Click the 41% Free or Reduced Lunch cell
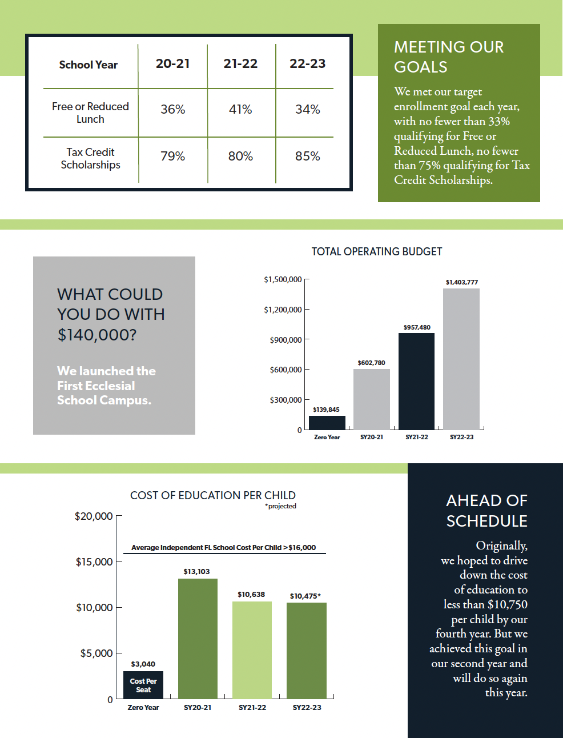tap(240, 109)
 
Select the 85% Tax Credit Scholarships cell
tap(307, 156)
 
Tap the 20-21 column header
tap(172, 63)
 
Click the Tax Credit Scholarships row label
tap(90, 158)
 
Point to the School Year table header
tap(89, 65)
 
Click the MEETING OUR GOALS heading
tap(449, 57)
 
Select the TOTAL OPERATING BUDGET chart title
tap(376, 251)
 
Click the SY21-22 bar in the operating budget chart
tap(416, 381)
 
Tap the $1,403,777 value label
tap(461, 282)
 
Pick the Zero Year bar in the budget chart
tap(327, 423)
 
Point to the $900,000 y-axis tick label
tap(285, 340)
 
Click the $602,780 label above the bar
tap(371, 363)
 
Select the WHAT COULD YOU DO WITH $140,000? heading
tap(111, 314)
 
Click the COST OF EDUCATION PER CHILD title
tap(212, 495)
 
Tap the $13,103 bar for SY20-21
tap(198, 638)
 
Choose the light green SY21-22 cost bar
tap(252, 649)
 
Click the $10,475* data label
tap(305, 596)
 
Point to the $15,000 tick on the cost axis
tap(94, 561)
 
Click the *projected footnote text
tap(280, 506)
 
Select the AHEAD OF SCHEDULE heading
tap(486, 511)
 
